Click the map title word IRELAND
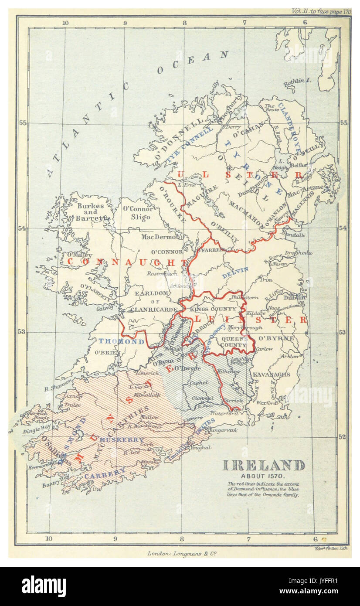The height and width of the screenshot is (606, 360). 263,465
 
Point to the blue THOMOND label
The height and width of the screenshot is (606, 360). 121,341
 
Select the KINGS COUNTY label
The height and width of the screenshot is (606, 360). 213,309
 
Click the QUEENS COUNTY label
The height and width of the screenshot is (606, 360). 234,341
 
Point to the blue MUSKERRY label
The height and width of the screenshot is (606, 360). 121,439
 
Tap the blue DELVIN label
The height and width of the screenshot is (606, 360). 235,272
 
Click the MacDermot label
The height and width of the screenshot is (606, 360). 160,237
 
